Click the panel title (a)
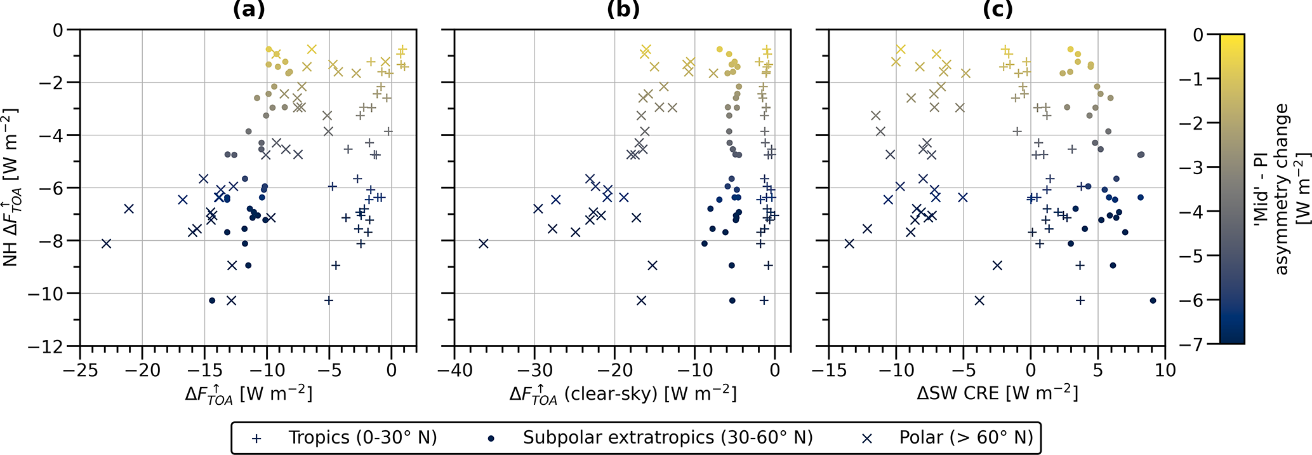tap(248, 10)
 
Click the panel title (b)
tap(623, 10)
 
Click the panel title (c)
tap(997, 10)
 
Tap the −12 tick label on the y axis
tap(50, 347)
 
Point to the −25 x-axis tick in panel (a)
tap(79, 370)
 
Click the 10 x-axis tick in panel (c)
tap(1165, 370)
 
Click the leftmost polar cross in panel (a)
tap(107, 243)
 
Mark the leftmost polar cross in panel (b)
tap(484, 243)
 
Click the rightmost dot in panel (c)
tap(1153, 301)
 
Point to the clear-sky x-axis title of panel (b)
tap(623, 394)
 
